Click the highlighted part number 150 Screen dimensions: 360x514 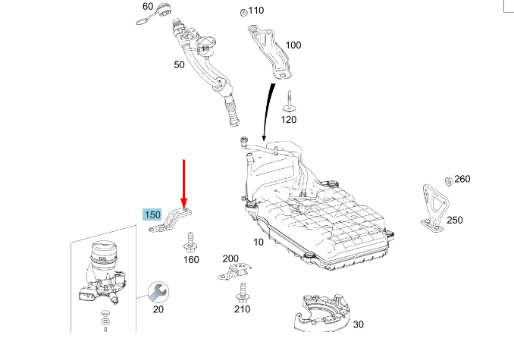[x=152, y=215]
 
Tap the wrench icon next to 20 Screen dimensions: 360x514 [x=158, y=292]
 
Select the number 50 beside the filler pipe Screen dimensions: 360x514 [x=179, y=65]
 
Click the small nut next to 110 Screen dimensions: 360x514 [x=242, y=12]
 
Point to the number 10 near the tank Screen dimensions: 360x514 [x=259, y=243]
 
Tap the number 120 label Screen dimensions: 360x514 [x=289, y=120]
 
